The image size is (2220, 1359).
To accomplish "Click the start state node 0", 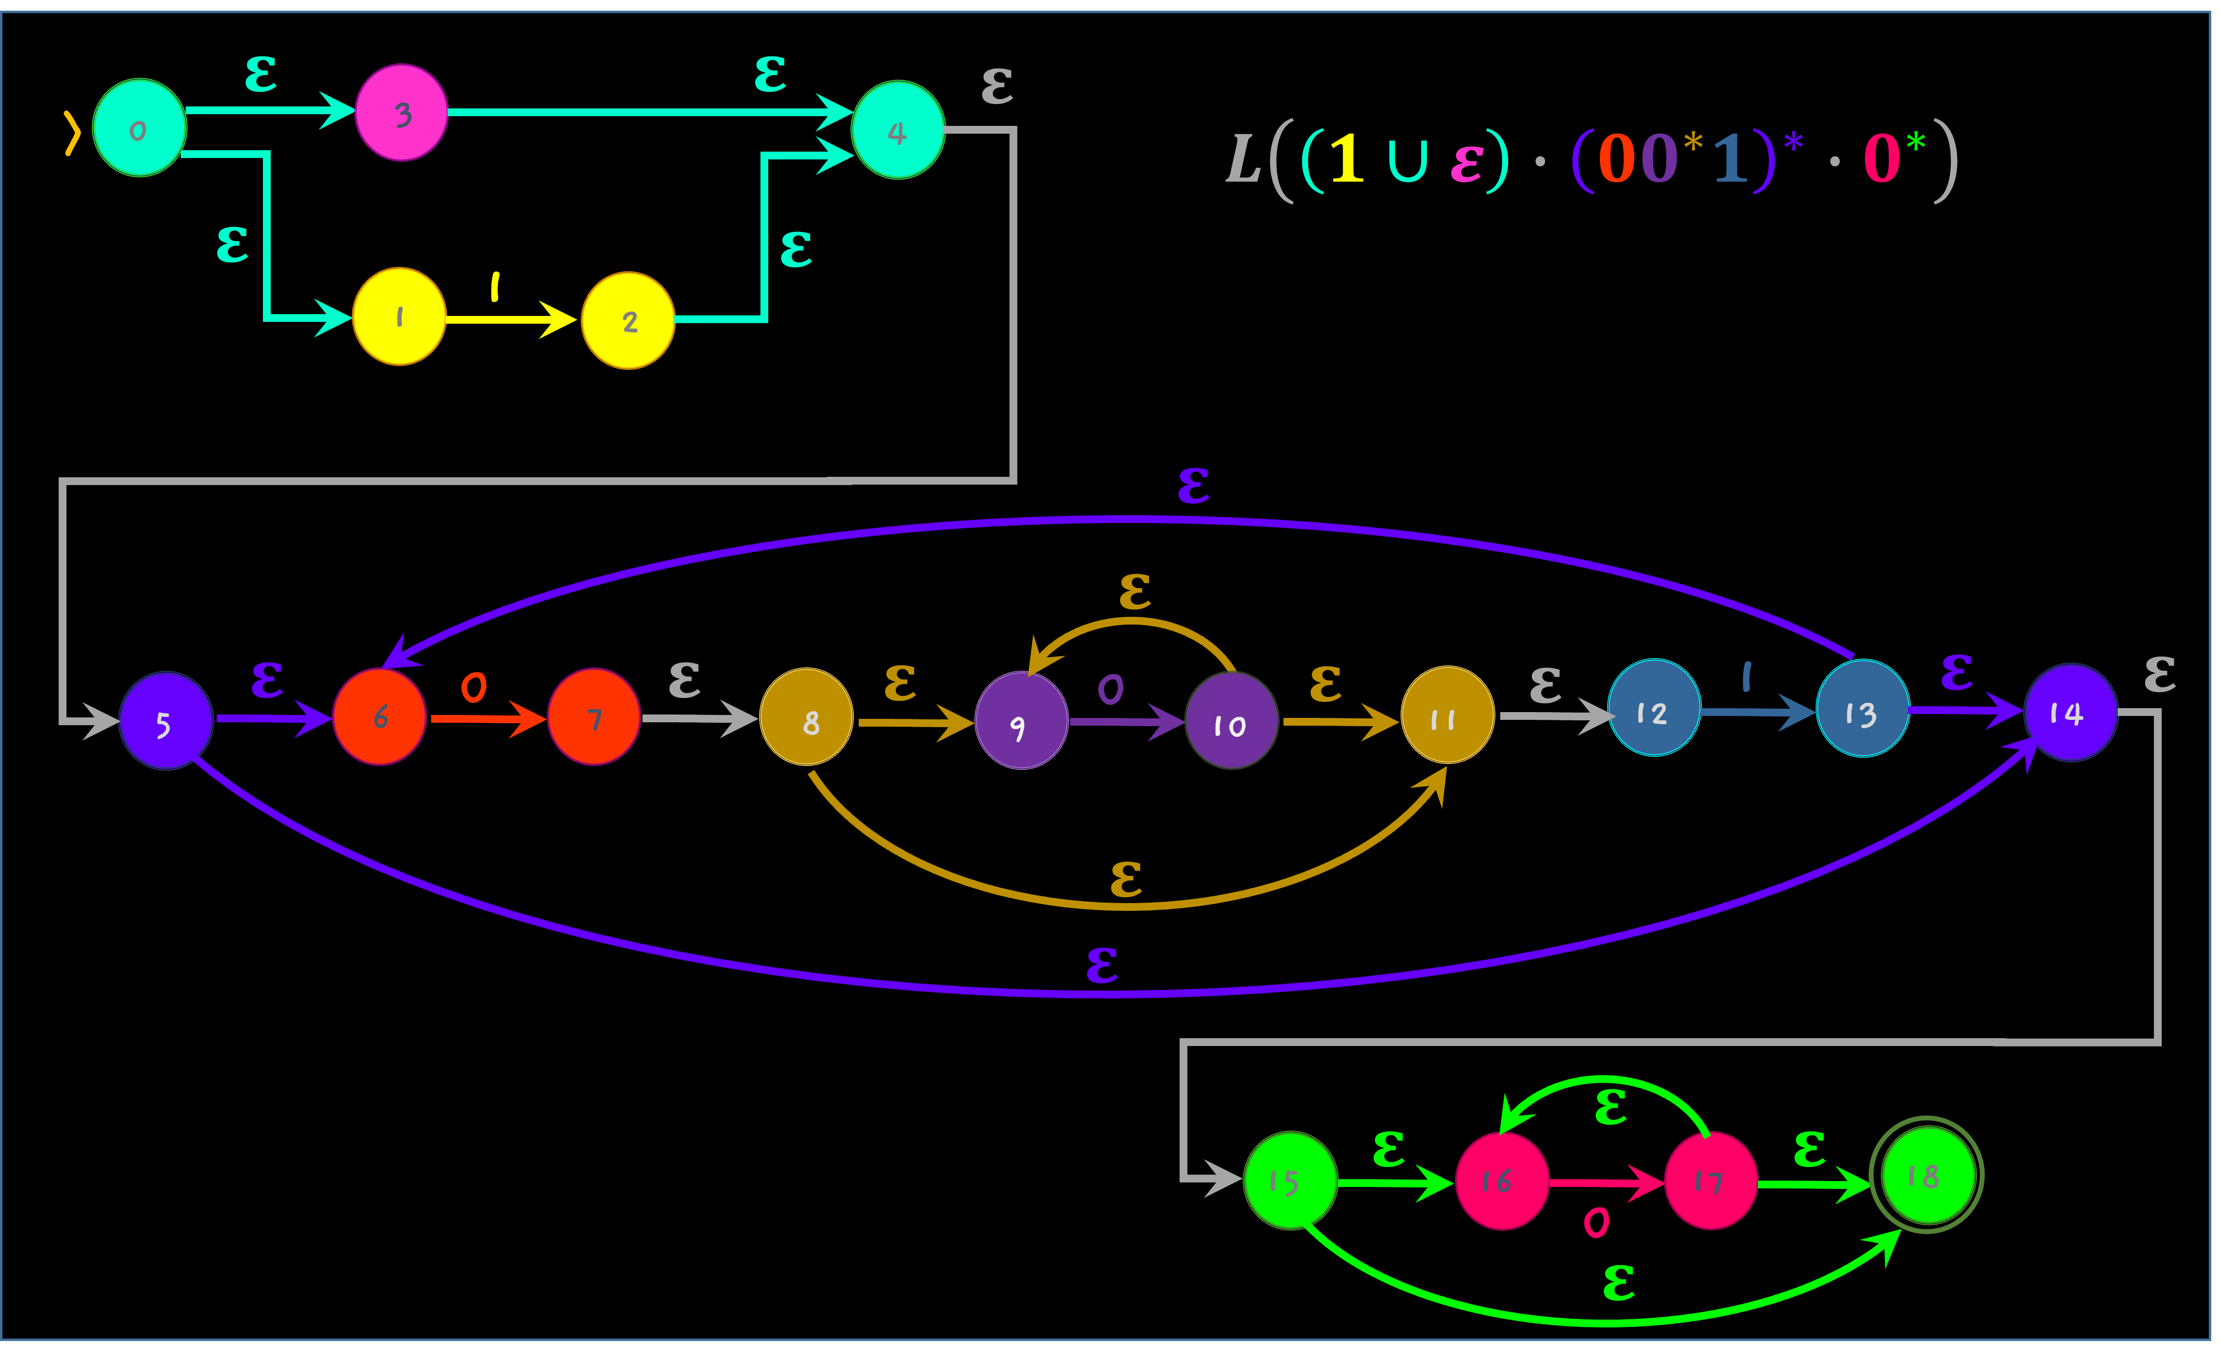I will click(x=139, y=128).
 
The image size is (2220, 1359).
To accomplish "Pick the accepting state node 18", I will click(x=1926, y=1175).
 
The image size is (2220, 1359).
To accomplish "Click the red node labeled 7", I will click(x=594, y=717).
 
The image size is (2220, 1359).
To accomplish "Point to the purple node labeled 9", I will click(x=1021, y=721).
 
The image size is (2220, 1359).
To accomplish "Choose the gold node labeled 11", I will click(x=1447, y=715).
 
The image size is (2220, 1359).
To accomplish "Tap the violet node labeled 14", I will click(x=2069, y=712).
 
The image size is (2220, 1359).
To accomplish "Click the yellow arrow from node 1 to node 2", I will click(x=510, y=319).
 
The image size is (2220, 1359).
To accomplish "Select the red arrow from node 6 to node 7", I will click(x=486, y=718).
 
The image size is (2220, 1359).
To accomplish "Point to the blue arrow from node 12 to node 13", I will click(x=1757, y=712).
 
